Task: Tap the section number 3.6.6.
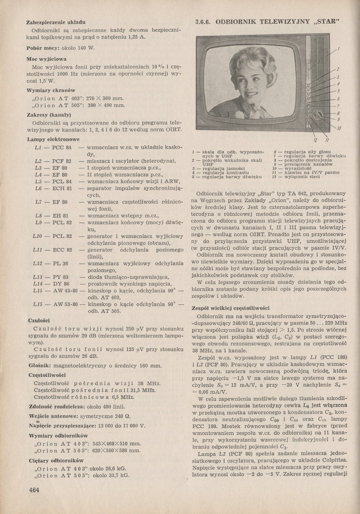click(x=205, y=22)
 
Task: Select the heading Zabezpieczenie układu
click(x=56, y=22)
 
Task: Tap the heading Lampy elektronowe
click(x=53, y=139)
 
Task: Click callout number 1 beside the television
click(x=339, y=49)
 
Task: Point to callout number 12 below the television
click(x=315, y=140)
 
